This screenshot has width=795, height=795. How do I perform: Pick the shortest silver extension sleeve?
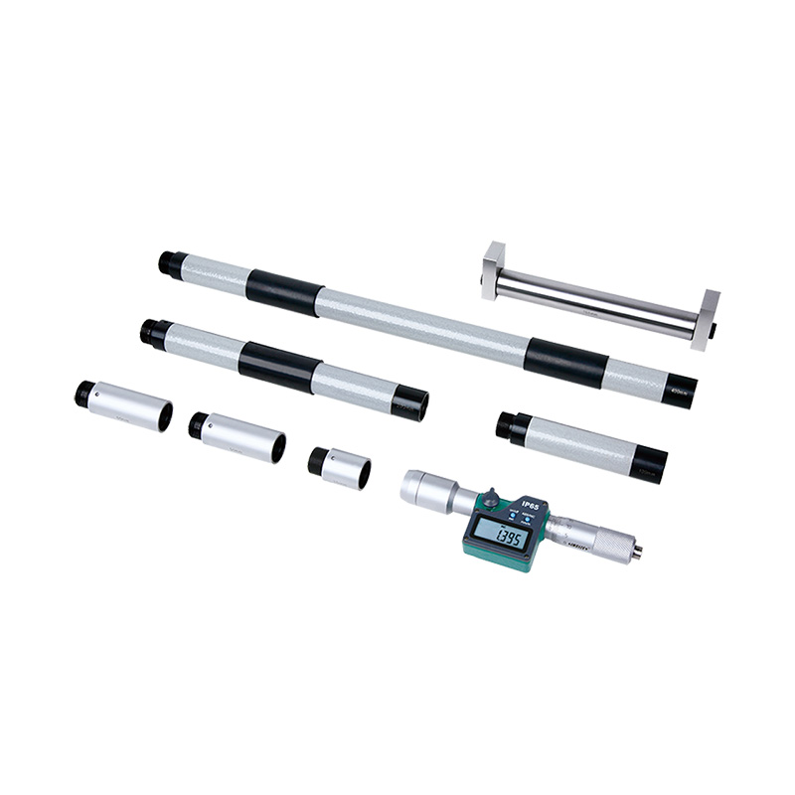click(339, 465)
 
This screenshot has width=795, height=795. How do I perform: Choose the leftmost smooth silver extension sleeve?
click(123, 404)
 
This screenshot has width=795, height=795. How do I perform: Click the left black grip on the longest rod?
click(284, 293)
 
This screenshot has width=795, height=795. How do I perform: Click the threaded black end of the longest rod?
click(166, 263)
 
